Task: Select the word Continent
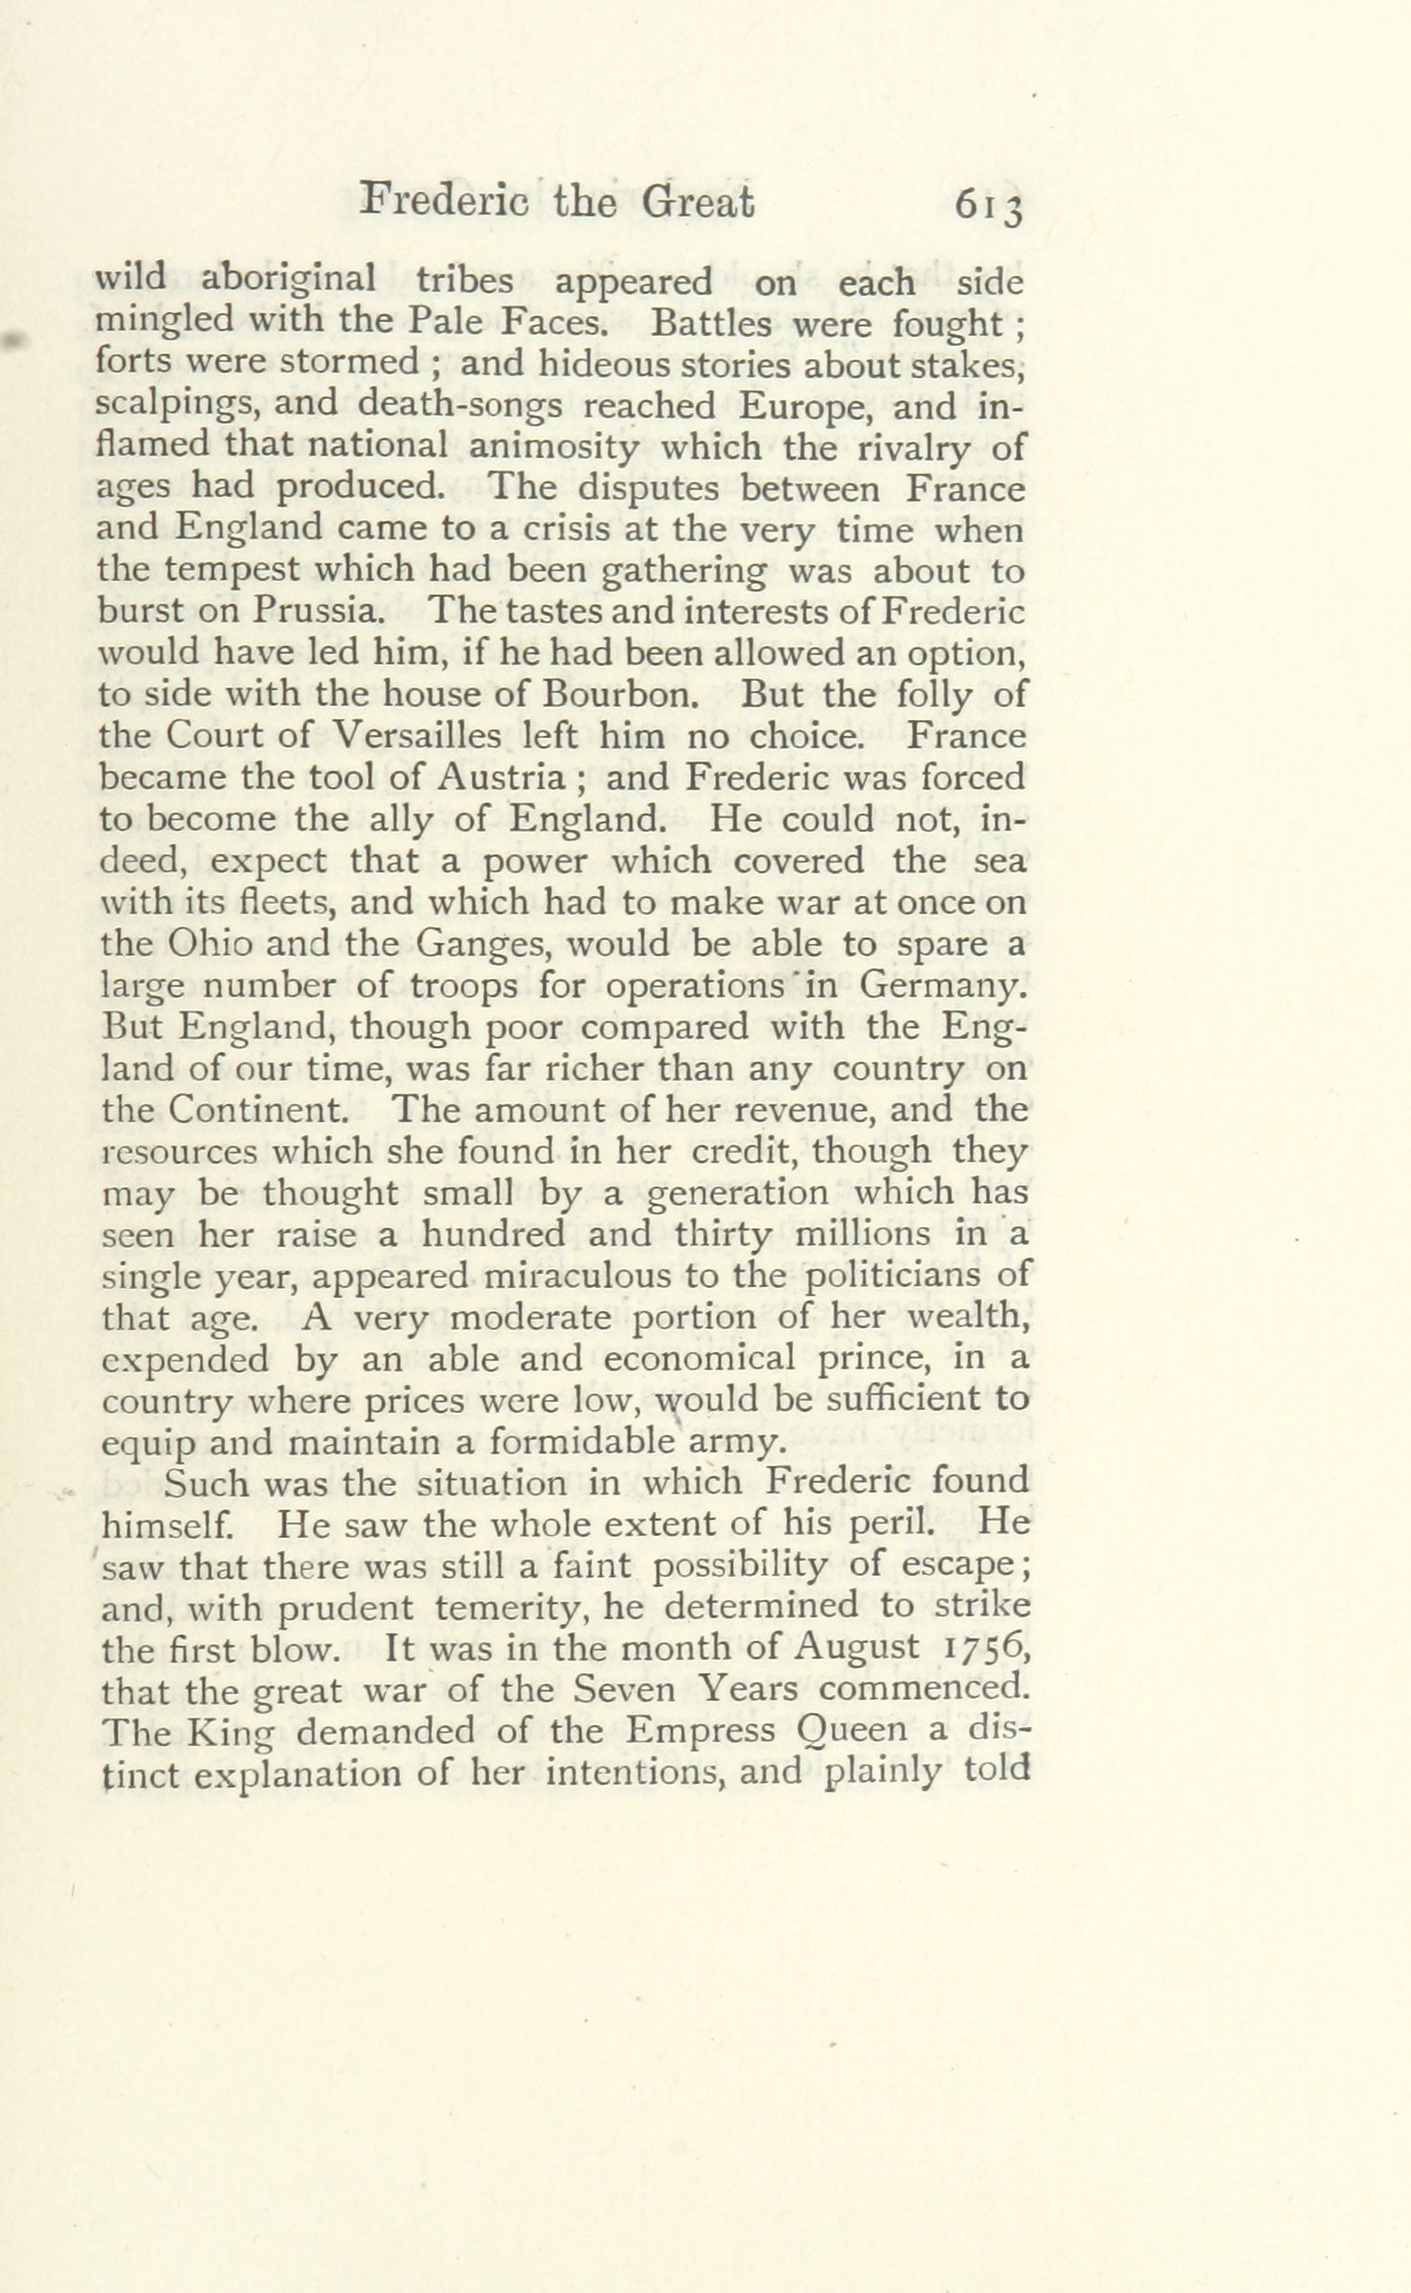[266, 1110]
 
